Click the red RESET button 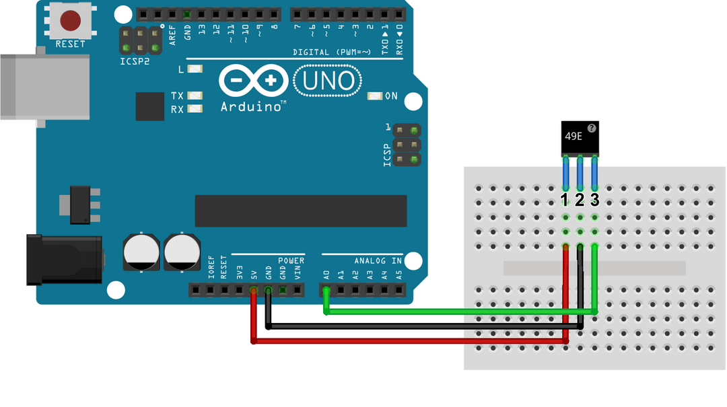(x=70, y=20)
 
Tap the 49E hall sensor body (x=579, y=138)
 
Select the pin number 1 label (x=565, y=200)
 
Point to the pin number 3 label (x=594, y=200)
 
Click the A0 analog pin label (x=326, y=274)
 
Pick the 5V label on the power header (x=254, y=274)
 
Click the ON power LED (x=375, y=96)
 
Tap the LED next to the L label (x=195, y=69)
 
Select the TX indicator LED (x=195, y=96)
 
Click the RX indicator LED (x=195, y=109)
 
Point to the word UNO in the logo (x=328, y=81)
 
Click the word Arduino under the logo (x=250, y=107)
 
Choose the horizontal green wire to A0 (x=458, y=311)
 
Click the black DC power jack (x=64, y=259)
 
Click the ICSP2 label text (x=135, y=61)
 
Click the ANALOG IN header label (x=378, y=260)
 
